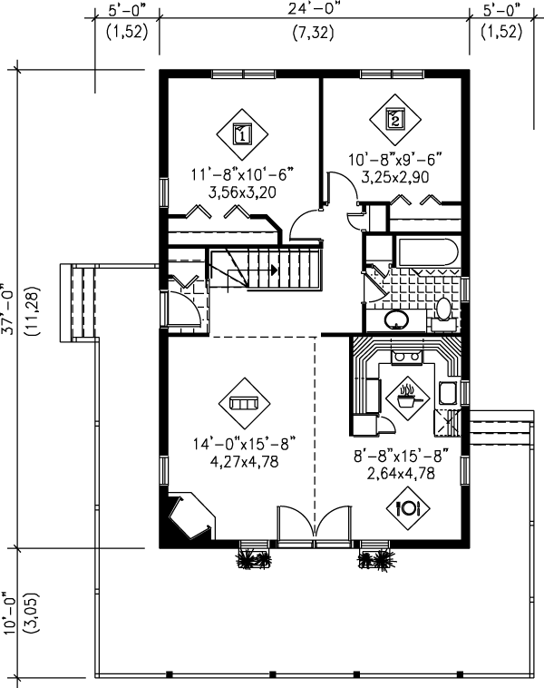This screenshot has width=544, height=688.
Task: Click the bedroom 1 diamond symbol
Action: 242,134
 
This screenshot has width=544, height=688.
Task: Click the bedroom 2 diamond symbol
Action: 395,119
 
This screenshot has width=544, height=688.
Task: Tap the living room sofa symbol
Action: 244,403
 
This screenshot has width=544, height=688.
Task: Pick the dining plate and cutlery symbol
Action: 408,508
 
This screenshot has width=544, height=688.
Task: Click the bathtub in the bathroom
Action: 428,252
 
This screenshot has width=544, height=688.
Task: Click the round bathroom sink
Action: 396,319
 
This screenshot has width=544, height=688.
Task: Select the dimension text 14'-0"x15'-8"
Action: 244,444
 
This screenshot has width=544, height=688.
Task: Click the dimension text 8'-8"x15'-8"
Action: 402,457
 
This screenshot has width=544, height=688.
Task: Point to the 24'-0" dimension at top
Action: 314,10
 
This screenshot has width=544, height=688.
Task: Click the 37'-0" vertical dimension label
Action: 10,309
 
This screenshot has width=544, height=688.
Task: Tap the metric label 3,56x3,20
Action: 242,192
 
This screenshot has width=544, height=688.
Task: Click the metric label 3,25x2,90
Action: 395,177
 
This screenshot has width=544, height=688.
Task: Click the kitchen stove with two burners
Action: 407,357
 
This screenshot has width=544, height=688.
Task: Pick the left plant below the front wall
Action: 253,558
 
